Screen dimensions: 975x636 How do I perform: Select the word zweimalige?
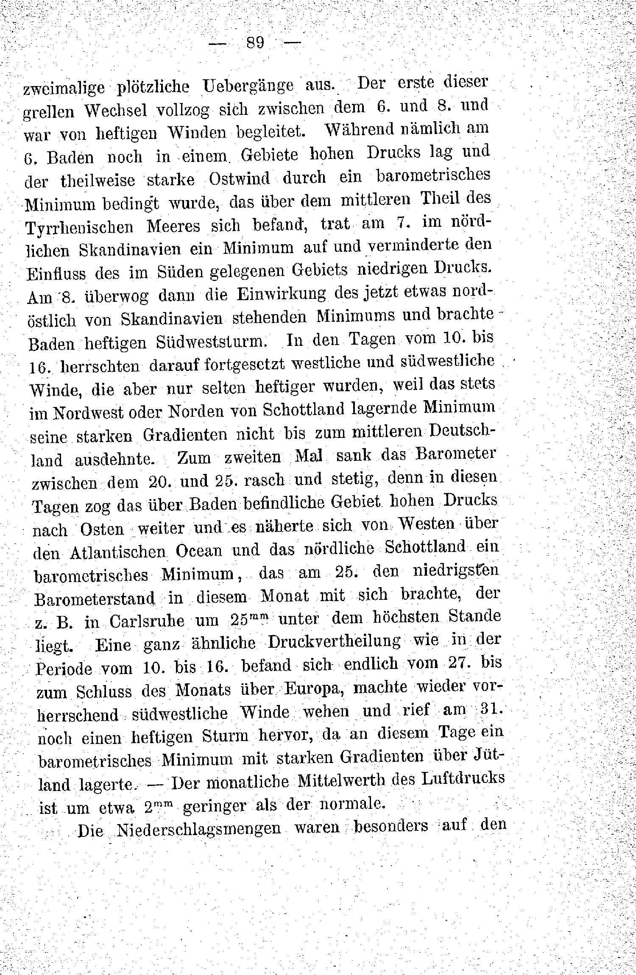64,88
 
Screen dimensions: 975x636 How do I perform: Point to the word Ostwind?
240,178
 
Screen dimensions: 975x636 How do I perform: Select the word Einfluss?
56,273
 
